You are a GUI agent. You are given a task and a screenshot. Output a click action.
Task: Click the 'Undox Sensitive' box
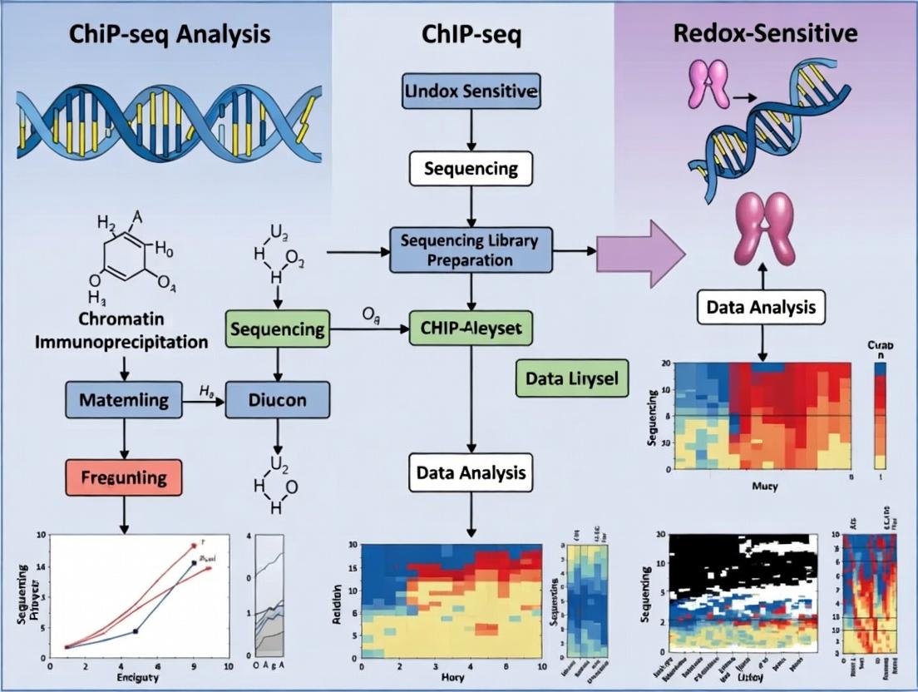click(x=471, y=91)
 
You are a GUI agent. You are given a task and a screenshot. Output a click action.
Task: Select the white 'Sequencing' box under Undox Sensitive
click(x=471, y=169)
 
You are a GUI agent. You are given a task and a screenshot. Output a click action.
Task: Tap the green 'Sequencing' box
click(x=278, y=329)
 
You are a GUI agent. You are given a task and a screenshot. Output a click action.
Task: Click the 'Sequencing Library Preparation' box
click(x=470, y=249)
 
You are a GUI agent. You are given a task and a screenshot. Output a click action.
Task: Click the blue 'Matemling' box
click(x=123, y=400)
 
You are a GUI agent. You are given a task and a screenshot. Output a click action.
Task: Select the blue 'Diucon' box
click(x=278, y=400)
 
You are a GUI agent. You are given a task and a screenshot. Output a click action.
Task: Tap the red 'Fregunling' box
click(x=123, y=478)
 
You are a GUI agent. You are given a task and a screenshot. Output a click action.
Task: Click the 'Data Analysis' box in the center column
click(x=471, y=473)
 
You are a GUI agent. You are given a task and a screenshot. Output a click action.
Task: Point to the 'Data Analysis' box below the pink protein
click(x=761, y=308)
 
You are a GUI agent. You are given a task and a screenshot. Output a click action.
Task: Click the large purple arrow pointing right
click(x=640, y=253)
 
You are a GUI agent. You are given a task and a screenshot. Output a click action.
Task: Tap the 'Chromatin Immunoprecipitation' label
click(x=121, y=330)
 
